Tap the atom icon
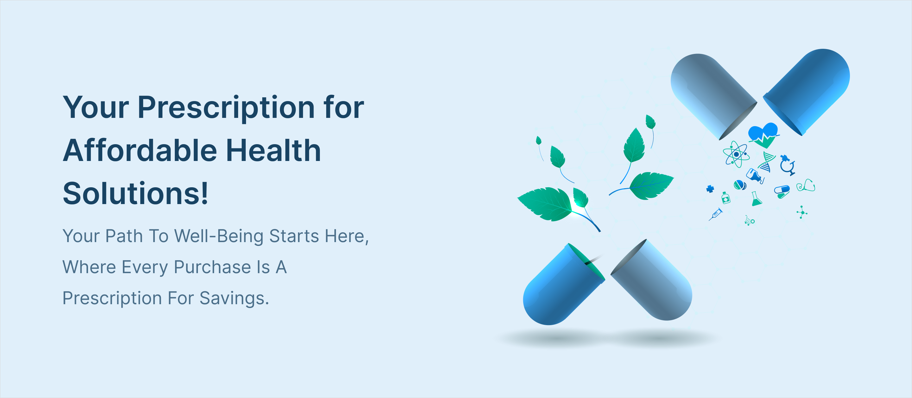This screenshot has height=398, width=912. tap(736, 154)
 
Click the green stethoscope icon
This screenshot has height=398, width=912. tap(806, 185)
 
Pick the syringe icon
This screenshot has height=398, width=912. tap(716, 214)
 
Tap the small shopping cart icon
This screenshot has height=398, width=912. tap(750, 221)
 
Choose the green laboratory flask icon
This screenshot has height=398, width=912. tap(756, 199)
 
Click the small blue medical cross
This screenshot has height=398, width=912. tap(710, 189)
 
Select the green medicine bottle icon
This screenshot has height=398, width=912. tap(726, 198)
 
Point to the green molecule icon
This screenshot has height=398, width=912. tap(802, 212)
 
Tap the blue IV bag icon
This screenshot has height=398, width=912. tap(755, 176)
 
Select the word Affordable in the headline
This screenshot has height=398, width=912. tap(140, 150)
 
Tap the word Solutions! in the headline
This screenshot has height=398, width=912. tap(136, 193)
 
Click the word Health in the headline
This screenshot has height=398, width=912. tap(273, 150)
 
